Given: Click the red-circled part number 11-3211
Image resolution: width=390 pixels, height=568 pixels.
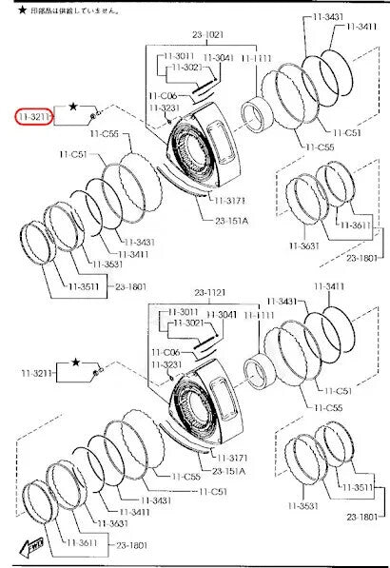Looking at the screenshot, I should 34,116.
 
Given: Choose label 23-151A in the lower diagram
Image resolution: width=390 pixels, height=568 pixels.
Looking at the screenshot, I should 231,471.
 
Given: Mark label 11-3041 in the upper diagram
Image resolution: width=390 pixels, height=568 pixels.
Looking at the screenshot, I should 218,58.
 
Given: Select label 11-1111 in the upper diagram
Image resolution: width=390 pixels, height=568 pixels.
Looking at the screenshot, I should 255,58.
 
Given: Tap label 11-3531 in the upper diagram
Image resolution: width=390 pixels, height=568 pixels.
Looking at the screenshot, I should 107,264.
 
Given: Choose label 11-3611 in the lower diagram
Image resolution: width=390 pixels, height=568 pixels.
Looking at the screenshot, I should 81,542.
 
